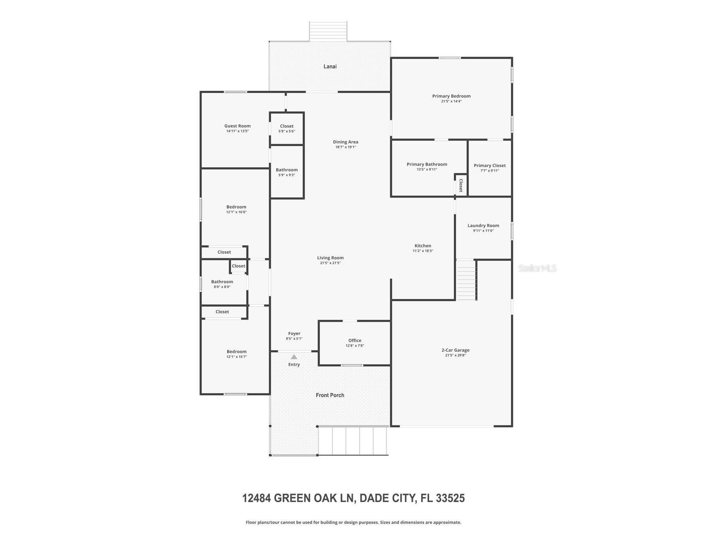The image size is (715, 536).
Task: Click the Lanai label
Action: point(330,67)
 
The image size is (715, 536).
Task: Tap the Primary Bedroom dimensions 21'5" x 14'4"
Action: point(451,101)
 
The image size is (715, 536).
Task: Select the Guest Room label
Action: point(237,126)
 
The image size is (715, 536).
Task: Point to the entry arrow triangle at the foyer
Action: point(294,357)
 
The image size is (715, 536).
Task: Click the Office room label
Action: point(355,340)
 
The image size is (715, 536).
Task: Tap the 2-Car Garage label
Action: point(455,350)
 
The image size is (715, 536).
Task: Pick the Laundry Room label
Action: point(483,226)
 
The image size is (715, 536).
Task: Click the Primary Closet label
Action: point(490,165)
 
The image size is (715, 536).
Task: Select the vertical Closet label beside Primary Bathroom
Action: point(461,185)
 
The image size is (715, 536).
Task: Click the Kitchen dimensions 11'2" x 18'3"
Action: point(422,251)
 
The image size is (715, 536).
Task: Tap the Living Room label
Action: point(330,258)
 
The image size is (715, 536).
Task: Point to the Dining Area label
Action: point(345,142)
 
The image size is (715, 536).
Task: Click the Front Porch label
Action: point(330,395)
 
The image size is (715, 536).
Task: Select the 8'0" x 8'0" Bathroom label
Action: point(222,282)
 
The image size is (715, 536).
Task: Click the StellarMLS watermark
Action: point(537,268)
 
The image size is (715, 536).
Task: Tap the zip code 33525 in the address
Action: point(450,498)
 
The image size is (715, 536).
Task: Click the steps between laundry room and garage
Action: point(466,280)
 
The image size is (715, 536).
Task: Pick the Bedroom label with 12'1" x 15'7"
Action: point(236,352)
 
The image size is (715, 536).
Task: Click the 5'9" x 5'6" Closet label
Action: point(287,126)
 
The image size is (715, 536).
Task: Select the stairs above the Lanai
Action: point(328,31)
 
